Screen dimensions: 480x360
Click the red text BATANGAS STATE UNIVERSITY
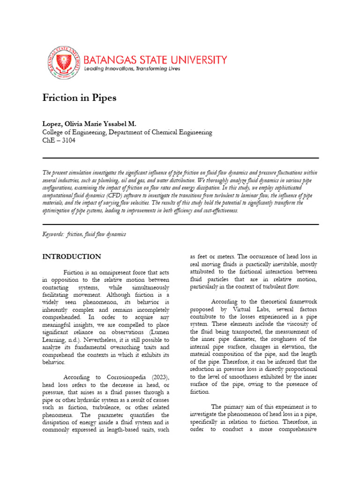tap(155, 60)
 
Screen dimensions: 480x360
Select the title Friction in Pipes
tap(79, 98)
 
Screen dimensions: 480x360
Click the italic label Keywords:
tap(53, 233)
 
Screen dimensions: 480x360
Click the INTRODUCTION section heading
tap(71, 257)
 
